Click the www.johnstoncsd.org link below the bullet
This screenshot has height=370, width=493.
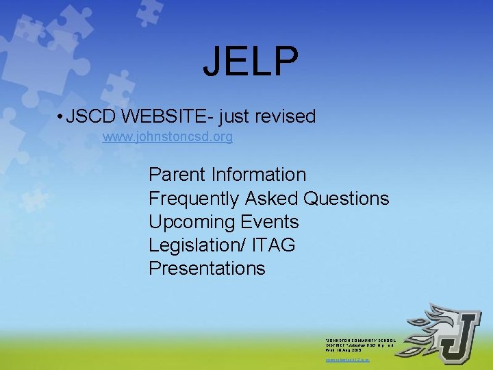click(x=168, y=137)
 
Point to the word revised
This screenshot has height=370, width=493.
click(x=286, y=116)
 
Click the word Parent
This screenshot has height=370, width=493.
click(x=177, y=175)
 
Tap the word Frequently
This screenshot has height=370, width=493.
click(x=194, y=199)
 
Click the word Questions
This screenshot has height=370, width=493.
click(x=346, y=199)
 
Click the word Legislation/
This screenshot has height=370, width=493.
click(x=197, y=245)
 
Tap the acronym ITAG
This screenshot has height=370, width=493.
click(x=274, y=245)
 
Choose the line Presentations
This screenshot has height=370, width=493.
click(x=207, y=269)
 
